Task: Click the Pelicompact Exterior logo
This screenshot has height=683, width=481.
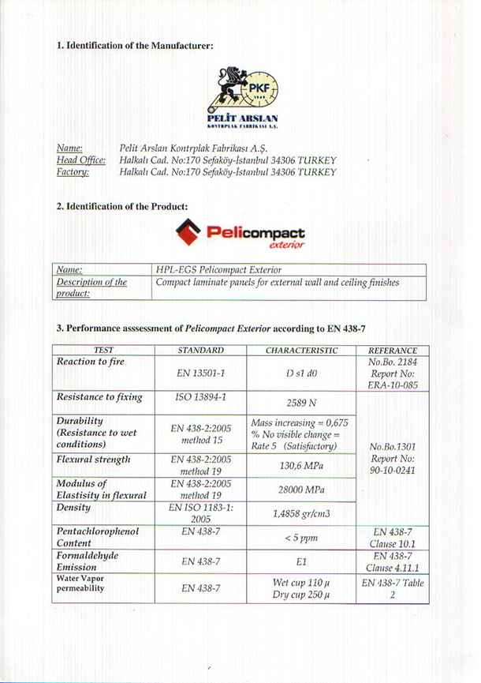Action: click(x=240, y=234)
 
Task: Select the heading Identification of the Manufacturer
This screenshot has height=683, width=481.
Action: click(x=135, y=46)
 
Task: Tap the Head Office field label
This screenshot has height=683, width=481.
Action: click(x=81, y=159)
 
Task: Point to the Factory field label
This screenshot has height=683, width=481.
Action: click(x=73, y=171)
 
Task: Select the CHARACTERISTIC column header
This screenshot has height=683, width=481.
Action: click(x=302, y=350)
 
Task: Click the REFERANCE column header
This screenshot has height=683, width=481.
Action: click(x=393, y=351)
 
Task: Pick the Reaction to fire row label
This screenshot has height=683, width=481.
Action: click(x=91, y=362)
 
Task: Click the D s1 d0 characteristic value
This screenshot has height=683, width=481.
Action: click(x=302, y=373)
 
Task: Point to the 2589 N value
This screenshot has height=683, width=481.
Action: click(x=302, y=402)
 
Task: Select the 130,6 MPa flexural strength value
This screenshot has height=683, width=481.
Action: click(x=302, y=465)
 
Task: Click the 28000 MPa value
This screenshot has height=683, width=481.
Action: click(x=302, y=490)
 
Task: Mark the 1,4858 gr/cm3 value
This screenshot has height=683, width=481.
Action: click(x=302, y=513)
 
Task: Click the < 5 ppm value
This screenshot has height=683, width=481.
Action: click(x=302, y=538)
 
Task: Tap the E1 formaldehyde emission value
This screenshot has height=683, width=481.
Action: click(x=302, y=562)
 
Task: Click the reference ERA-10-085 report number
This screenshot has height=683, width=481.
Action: click(x=393, y=385)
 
